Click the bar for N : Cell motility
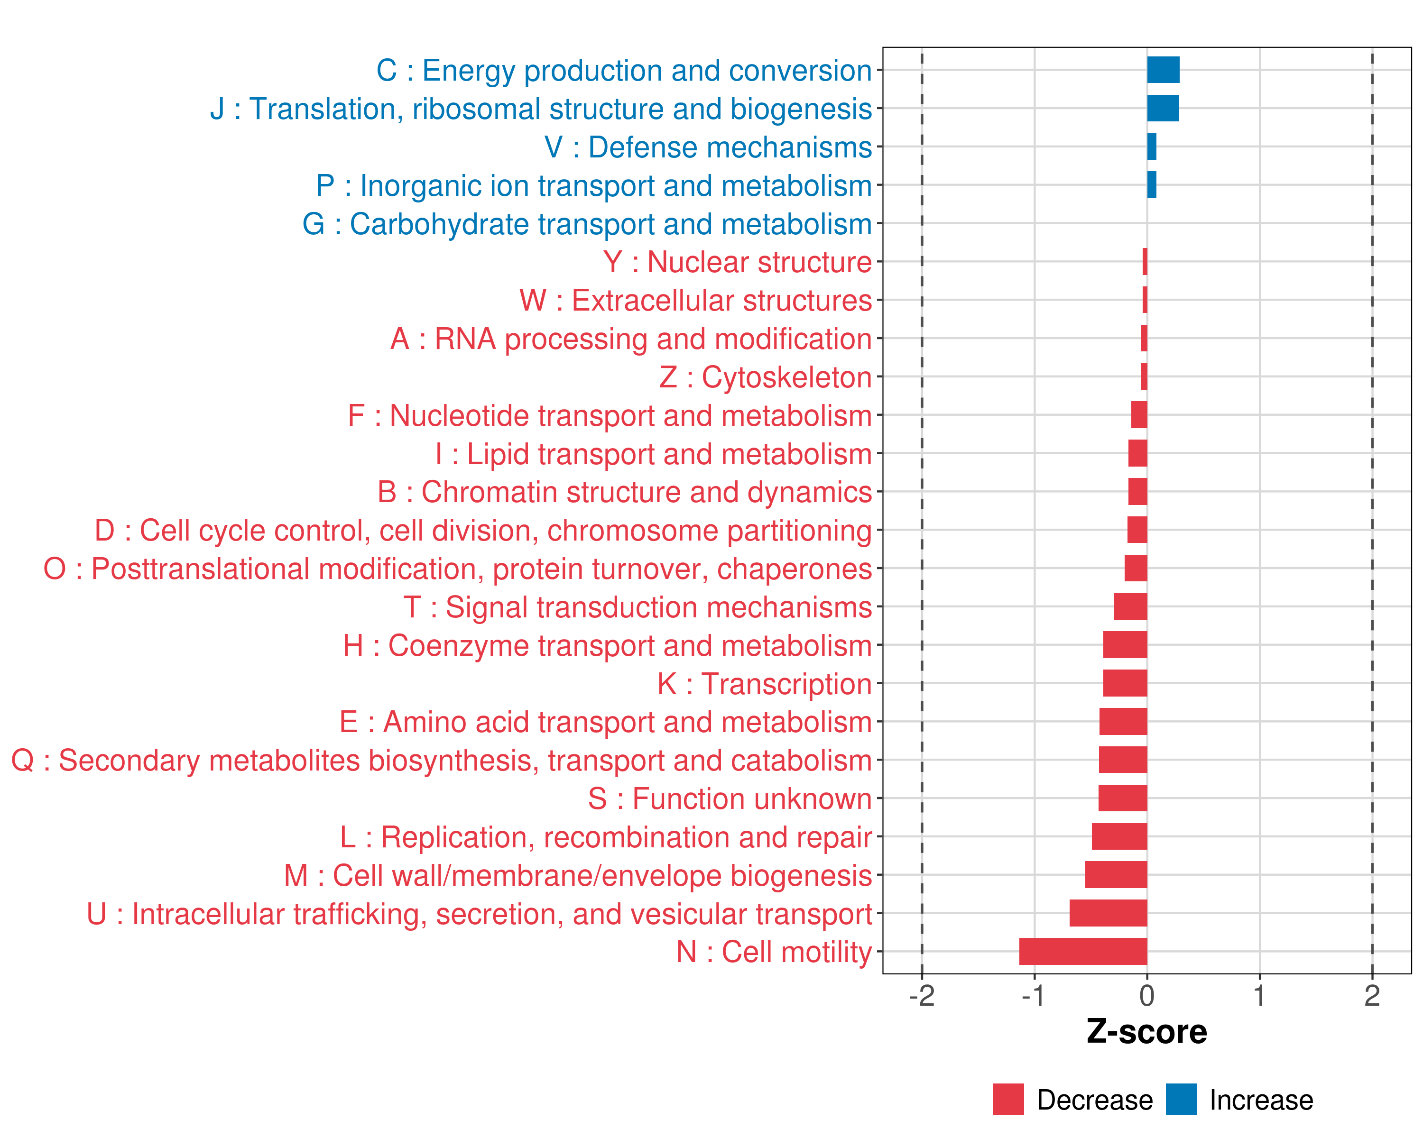[x=1082, y=951]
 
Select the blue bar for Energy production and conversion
[x=1163, y=70]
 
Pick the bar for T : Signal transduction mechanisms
[x=1131, y=606]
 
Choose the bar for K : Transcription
[x=1125, y=683]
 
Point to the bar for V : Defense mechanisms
[x=1152, y=147]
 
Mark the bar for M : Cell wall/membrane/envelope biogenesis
[x=1116, y=875]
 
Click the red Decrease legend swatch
[x=1008, y=1099]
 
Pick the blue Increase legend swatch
[x=1181, y=1099]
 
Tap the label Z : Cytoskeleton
[x=766, y=377]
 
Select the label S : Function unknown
[x=730, y=799]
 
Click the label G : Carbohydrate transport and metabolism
[x=587, y=224]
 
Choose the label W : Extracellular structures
[x=696, y=301]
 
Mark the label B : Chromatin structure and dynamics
[x=624, y=492]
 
